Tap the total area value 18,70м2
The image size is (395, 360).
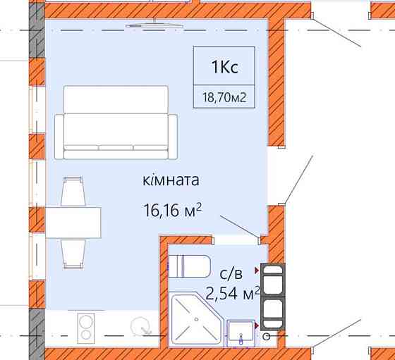click(224, 98)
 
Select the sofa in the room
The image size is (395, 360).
click(115, 122)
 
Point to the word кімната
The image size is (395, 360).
click(171, 180)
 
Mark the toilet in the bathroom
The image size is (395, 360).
click(190, 266)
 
